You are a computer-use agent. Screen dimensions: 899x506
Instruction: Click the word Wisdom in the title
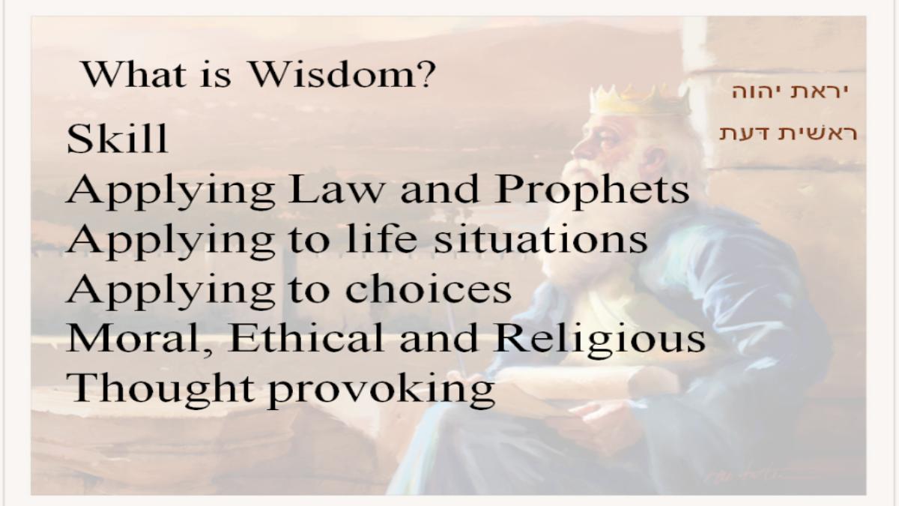point(333,74)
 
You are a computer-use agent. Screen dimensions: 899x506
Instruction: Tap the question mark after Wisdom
point(426,74)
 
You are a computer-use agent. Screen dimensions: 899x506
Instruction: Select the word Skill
point(117,139)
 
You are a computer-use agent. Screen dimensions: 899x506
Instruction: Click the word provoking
point(381,391)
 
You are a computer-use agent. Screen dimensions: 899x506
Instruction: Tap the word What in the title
point(134,74)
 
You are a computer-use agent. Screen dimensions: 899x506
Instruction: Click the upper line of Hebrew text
point(790,91)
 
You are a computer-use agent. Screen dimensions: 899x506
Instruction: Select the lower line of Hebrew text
point(787,133)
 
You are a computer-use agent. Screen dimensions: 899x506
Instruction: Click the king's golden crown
point(639,100)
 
